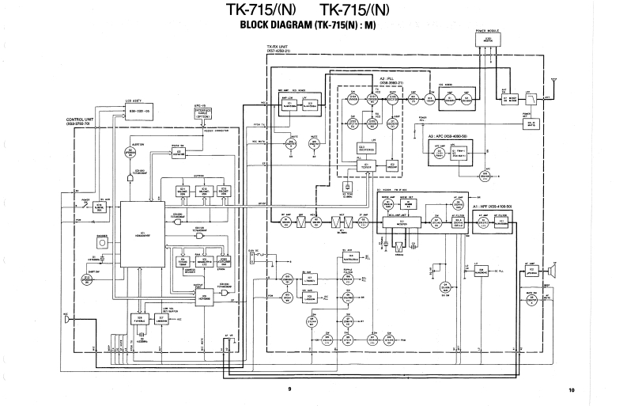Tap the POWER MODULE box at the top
tap(488, 39)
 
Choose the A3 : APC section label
tap(447, 137)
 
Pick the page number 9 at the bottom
tap(289, 389)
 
